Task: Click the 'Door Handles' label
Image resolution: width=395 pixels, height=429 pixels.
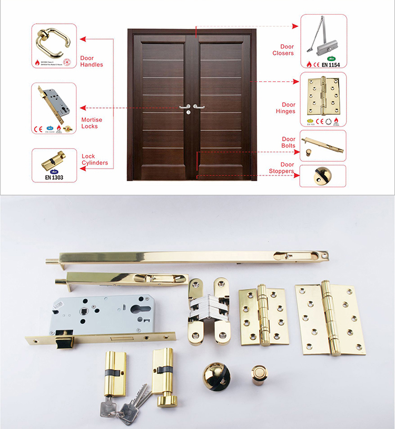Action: click(91, 61)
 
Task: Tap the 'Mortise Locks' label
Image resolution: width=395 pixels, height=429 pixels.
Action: click(92, 123)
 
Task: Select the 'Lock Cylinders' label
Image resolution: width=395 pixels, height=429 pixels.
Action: click(95, 160)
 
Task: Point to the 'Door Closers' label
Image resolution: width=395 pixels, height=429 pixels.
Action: click(283, 50)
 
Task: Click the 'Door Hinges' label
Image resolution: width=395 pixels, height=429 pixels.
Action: click(285, 108)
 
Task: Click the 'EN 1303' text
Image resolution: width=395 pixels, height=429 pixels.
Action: click(54, 178)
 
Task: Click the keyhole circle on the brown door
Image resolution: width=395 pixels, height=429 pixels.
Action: click(188, 112)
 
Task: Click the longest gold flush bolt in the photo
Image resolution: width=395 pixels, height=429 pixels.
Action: click(190, 257)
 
